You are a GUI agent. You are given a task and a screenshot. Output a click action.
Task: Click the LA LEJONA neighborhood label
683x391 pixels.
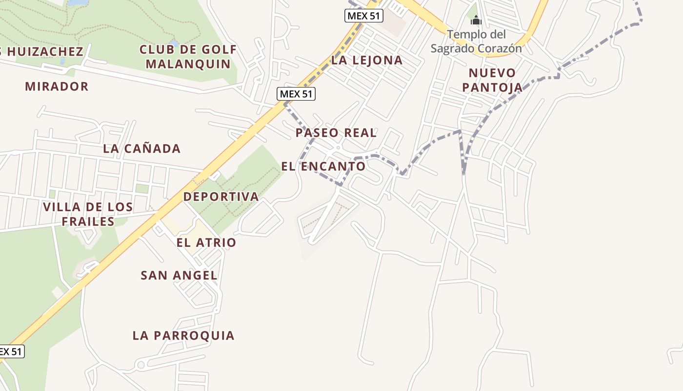(x=367, y=60)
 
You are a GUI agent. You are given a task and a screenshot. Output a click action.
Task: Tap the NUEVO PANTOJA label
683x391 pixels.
(x=492, y=80)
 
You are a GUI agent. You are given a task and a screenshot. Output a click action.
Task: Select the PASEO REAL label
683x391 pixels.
(x=336, y=132)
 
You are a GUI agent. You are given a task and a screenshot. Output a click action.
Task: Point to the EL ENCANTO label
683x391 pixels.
(x=323, y=166)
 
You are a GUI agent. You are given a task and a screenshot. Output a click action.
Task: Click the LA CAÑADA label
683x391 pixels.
(x=141, y=149)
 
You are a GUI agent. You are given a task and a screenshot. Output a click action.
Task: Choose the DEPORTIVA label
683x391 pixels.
(x=221, y=196)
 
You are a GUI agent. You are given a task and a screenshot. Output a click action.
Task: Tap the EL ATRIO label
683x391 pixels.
(x=206, y=242)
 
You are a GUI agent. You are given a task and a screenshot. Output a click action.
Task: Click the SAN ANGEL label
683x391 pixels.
(x=179, y=275)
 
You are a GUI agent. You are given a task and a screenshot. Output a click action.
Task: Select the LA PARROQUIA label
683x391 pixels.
(x=183, y=335)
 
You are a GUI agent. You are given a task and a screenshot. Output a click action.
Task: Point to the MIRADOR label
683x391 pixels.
(x=57, y=87)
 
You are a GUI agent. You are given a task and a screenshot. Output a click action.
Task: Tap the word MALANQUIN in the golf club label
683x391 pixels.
(x=188, y=64)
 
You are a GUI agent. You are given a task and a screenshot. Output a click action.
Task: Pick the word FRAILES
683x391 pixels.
(x=88, y=221)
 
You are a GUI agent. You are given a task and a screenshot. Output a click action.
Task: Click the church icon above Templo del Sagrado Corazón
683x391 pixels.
(x=476, y=21)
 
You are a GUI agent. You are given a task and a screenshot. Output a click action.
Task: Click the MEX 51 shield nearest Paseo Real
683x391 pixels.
(x=296, y=94)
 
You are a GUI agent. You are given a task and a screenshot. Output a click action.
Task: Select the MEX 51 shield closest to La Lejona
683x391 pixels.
(x=364, y=16)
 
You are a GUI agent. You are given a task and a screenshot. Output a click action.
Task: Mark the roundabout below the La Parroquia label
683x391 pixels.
(x=141, y=365)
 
